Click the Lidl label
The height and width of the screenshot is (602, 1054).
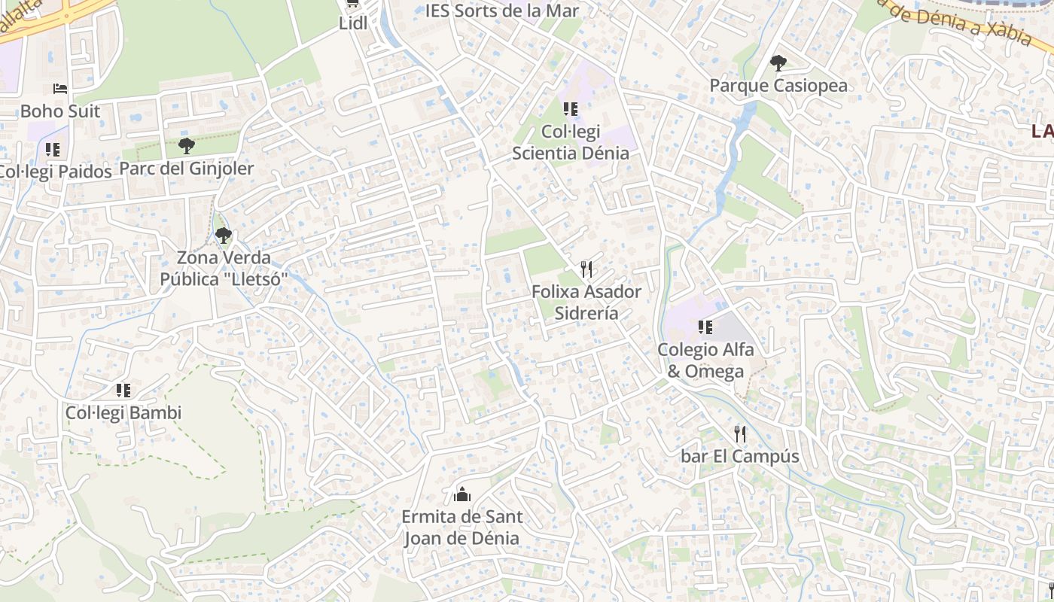pyautogui.click(x=353, y=23)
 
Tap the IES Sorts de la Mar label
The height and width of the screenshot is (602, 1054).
pyautogui.click(x=502, y=11)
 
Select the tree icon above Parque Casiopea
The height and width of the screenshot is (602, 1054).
pyautogui.click(x=778, y=63)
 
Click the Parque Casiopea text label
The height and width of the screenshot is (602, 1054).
pyautogui.click(x=778, y=85)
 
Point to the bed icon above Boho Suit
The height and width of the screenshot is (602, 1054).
pyautogui.click(x=60, y=89)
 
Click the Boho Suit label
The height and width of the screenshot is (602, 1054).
pyautogui.click(x=60, y=111)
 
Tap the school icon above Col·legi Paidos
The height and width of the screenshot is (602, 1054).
pyautogui.click(x=52, y=149)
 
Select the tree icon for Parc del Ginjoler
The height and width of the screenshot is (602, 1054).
pyautogui.click(x=187, y=146)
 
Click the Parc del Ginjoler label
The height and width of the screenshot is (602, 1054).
pyautogui.click(x=187, y=168)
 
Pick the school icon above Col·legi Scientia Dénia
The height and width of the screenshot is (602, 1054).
pyautogui.click(x=571, y=109)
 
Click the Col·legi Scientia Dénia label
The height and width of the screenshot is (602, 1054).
pyautogui.click(x=571, y=142)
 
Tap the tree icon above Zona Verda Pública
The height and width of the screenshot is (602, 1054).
pyautogui.click(x=223, y=236)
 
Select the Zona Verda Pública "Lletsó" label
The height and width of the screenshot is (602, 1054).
pyautogui.click(x=224, y=269)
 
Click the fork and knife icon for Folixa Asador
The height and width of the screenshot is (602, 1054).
pyautogui.click(x=587, y=269)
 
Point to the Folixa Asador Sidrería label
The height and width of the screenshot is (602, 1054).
pyautogui.click(x=586, y=302)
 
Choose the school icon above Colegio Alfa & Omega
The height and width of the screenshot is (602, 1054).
pyautogui.click(x=705, y=327)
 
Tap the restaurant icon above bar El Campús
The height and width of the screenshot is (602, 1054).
pyautogui.click(x=740, y=434)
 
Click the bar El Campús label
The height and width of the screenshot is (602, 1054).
pyautogui.click(x=740, y=456)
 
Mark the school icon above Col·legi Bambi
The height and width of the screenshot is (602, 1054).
pyautogui.click(x=123, y=391)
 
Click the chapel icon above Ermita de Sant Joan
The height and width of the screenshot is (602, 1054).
pyautogui.click(x=462, y=494)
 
